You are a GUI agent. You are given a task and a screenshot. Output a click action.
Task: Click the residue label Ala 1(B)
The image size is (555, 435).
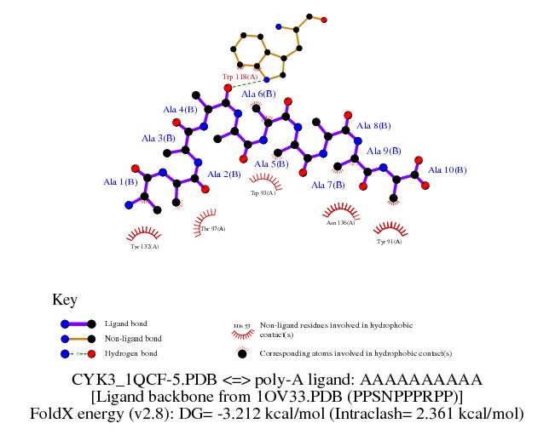click(x=120, y=181)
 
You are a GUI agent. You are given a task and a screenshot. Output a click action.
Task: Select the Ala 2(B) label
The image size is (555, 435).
click(x=224, y=175)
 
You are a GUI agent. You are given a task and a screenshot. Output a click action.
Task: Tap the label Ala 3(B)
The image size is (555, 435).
click(x=159, y=138)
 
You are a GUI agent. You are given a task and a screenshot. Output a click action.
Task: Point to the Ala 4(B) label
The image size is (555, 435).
click(x=180, y=110)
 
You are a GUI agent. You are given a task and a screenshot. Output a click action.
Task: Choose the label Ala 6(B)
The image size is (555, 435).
click(x=258, y=94)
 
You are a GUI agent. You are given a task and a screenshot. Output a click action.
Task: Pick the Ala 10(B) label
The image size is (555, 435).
click(x=447, y=170)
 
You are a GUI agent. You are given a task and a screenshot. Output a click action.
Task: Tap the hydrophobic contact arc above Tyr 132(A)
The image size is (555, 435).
click(x=144, y=232)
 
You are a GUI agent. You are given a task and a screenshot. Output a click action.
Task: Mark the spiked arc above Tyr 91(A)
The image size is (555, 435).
click(x=390, y=228)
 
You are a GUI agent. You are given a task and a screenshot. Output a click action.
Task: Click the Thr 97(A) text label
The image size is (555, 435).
click(x=213, y=229)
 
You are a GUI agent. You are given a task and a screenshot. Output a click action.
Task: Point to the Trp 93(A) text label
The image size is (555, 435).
click(x=262, y=193)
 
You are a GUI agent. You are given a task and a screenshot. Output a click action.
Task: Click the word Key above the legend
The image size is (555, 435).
click(x=65, y=300)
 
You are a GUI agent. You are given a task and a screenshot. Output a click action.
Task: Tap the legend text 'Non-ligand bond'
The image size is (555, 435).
click(x=132, y=339)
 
